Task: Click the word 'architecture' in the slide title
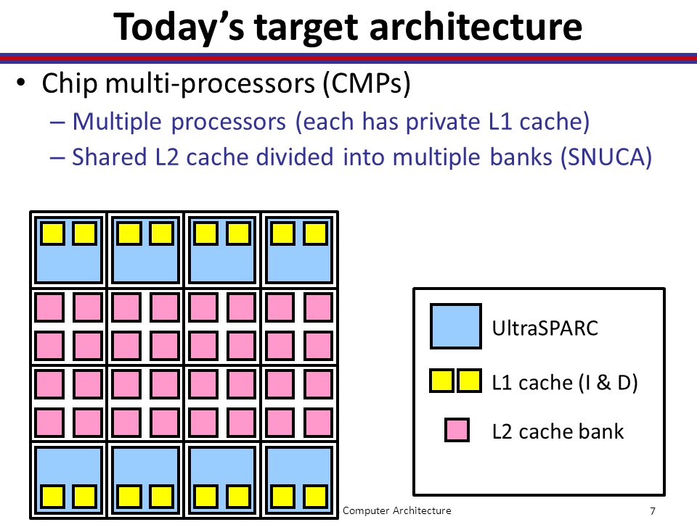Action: (476, 27)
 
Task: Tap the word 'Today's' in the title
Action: (179, 28)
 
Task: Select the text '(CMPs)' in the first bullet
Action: (367, 83)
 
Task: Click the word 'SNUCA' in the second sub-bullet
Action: (606, 157)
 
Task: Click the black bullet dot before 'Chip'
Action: (20, 83)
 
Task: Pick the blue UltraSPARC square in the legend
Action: (456, 326)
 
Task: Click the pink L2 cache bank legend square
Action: (457, 430)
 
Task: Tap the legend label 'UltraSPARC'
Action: (545, 328)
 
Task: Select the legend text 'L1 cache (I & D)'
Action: (565, 383)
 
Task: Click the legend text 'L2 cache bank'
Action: (558, 431)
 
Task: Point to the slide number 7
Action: (653, 511)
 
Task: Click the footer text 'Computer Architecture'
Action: (397, 510)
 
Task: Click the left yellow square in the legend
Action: (441, 381)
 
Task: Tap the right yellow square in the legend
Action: (469, 381)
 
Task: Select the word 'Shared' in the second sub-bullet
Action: (110, 157)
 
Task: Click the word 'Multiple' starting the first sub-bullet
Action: (117, 122)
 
